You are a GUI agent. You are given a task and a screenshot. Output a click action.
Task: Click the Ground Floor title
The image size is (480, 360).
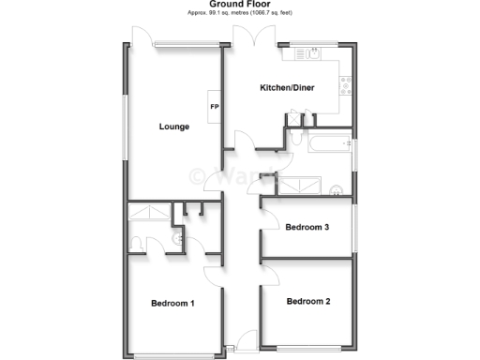239,5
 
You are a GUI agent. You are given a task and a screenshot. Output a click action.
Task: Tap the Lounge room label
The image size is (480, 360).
174,127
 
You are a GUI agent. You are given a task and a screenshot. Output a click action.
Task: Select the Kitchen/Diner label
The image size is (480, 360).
287,88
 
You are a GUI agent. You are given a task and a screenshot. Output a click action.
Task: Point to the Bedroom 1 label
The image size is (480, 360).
172,303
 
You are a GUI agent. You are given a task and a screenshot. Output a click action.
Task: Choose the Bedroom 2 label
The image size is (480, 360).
308,301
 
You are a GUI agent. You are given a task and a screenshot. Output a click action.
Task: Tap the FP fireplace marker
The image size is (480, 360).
214,106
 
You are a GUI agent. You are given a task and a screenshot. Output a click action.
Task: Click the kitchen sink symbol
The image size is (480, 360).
307,54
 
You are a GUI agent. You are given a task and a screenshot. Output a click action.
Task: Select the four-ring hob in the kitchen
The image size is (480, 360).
346,88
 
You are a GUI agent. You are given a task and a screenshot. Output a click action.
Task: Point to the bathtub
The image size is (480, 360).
324,144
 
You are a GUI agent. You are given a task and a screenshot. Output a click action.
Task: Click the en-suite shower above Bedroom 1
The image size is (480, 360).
147,214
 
